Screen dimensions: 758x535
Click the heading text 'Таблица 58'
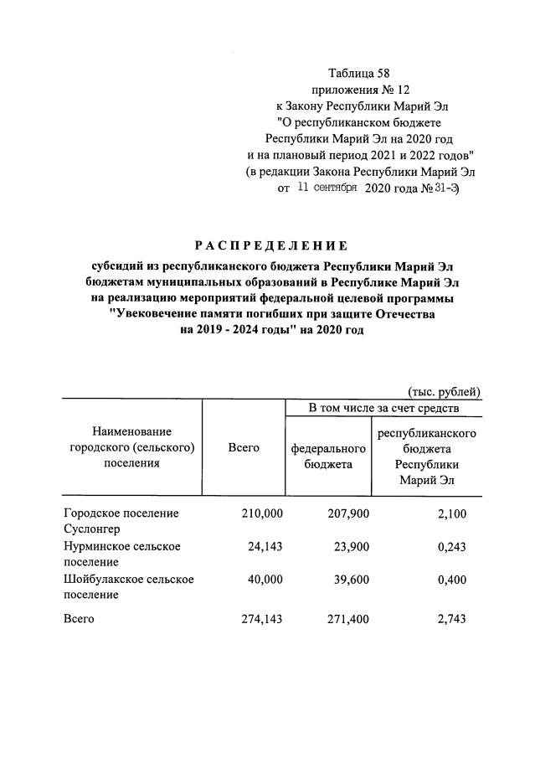tap(359, 74)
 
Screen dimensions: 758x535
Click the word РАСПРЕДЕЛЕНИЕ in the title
tap(270, 245)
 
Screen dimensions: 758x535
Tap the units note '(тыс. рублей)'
tap(444, 391)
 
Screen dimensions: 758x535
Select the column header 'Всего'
tap(244, 448)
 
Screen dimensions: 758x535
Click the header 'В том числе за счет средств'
tap(383, 408)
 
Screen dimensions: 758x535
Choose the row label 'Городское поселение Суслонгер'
tap(121, 521)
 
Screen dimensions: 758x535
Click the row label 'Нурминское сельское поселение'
tap(122, 554)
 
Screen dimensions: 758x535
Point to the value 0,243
tap(463, 546)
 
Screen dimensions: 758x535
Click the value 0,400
tap(463, 579)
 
